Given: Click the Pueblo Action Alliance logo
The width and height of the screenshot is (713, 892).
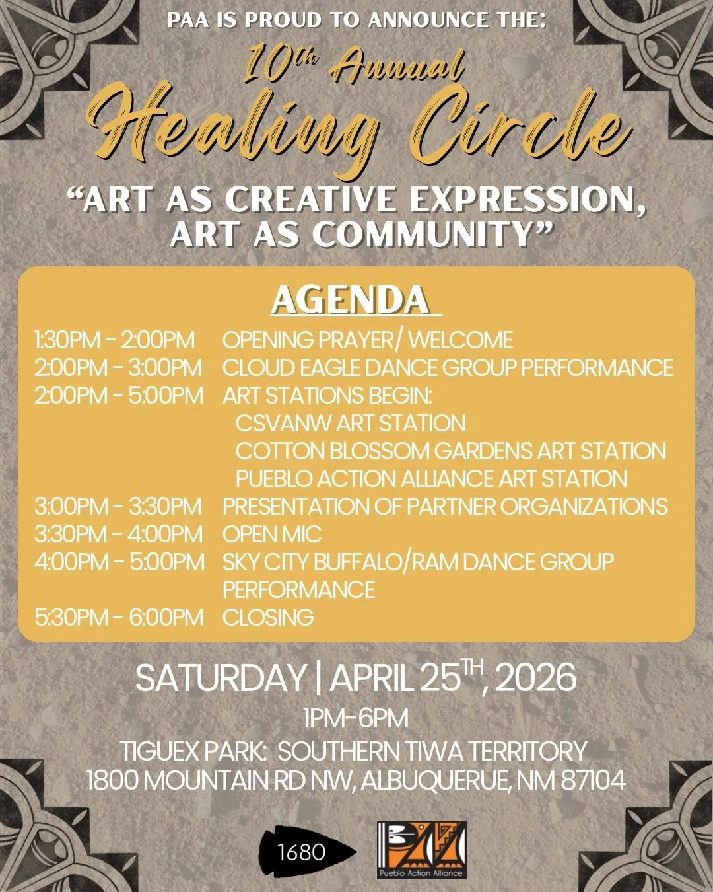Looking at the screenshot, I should click(x=421, y=850).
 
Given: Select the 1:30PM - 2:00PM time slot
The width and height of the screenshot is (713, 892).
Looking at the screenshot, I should click(x=115, y=340).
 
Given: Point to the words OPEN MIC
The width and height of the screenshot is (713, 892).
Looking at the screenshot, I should click(x=272, y=534).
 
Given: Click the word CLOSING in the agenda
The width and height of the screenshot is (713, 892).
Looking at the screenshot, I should click(x=268, y=617).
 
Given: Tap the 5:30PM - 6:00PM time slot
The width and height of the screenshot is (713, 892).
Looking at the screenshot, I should click(x=119, y=617).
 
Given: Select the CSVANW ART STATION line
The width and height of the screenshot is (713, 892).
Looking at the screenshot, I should click(x=351, y=423).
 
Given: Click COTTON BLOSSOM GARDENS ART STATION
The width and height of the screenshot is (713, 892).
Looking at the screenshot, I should click(x=451, y=451).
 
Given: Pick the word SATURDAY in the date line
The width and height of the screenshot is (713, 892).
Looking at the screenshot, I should click(x=221, y=679).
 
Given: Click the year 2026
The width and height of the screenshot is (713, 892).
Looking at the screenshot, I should click(x=535, y=679).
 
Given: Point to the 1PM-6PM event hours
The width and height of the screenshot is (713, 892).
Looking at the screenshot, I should click(x=356, y=718).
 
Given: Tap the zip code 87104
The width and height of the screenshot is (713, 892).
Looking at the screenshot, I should click(x=593, y=780).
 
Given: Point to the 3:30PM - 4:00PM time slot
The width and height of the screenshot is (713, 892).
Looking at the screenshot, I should click(x=119, y=534).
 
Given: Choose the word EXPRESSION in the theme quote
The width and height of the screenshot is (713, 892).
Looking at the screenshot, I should click(x=524, y=199).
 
